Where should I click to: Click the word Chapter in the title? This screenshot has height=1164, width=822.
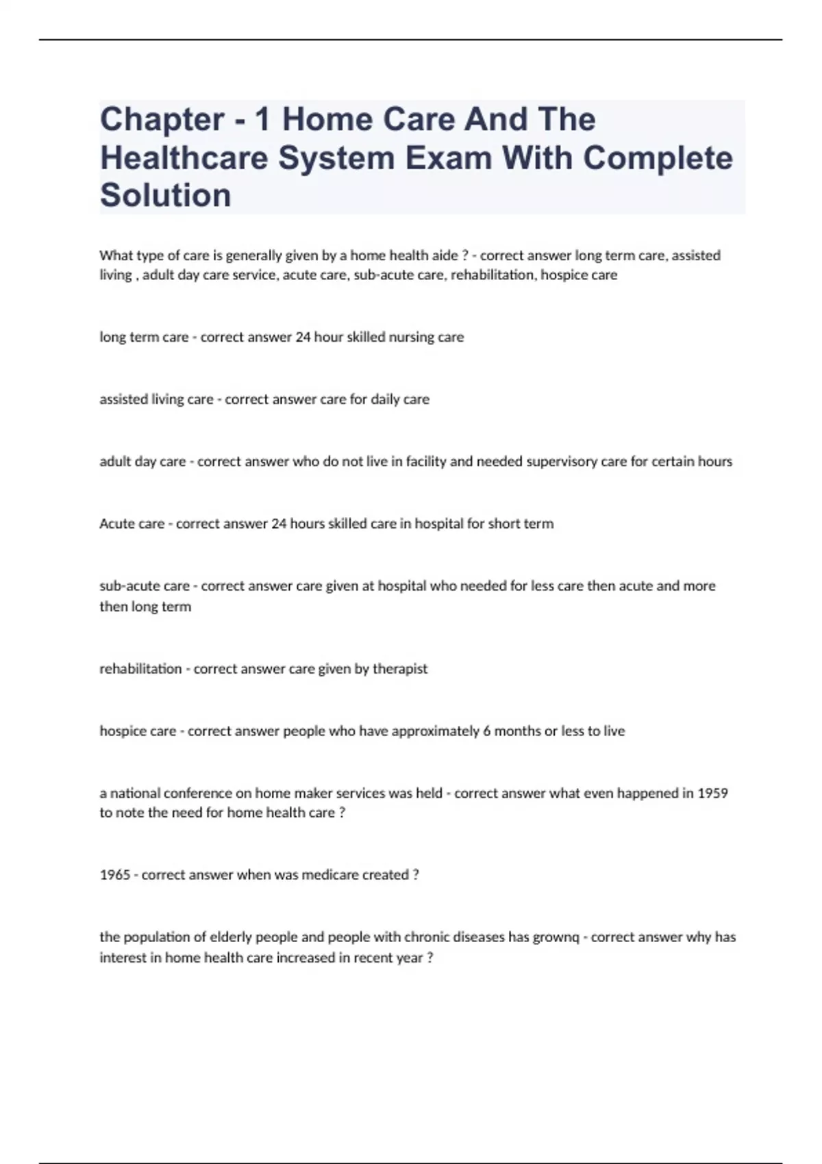162,121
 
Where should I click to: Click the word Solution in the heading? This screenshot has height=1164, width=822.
166,196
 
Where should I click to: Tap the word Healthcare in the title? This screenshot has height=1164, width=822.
184,158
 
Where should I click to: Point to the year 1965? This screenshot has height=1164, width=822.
114,874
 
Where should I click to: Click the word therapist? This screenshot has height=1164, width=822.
400,668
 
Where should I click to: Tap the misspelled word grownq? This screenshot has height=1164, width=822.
556,937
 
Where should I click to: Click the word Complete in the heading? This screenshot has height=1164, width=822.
658,158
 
